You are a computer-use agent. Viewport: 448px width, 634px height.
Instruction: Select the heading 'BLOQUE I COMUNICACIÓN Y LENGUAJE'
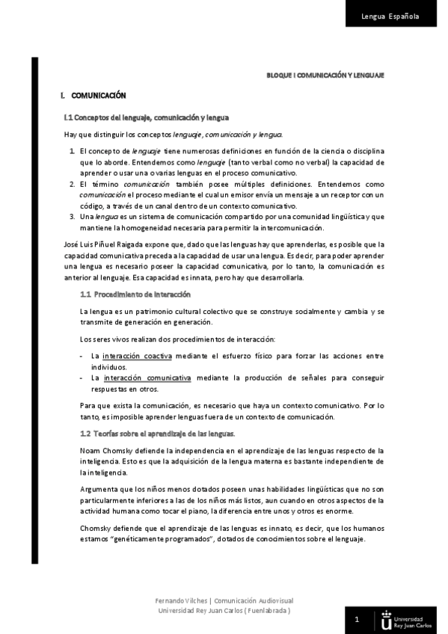(325, 76)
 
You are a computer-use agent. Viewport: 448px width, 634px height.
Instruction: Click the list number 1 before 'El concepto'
(71, 151)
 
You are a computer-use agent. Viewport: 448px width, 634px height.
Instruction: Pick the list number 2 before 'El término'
(71, 184)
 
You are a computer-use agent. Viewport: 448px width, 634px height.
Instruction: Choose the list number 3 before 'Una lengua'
(71, 216)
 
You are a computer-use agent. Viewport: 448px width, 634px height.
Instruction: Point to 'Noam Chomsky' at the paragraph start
(102, 450)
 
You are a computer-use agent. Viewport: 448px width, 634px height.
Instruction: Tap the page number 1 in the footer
(357, 619)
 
